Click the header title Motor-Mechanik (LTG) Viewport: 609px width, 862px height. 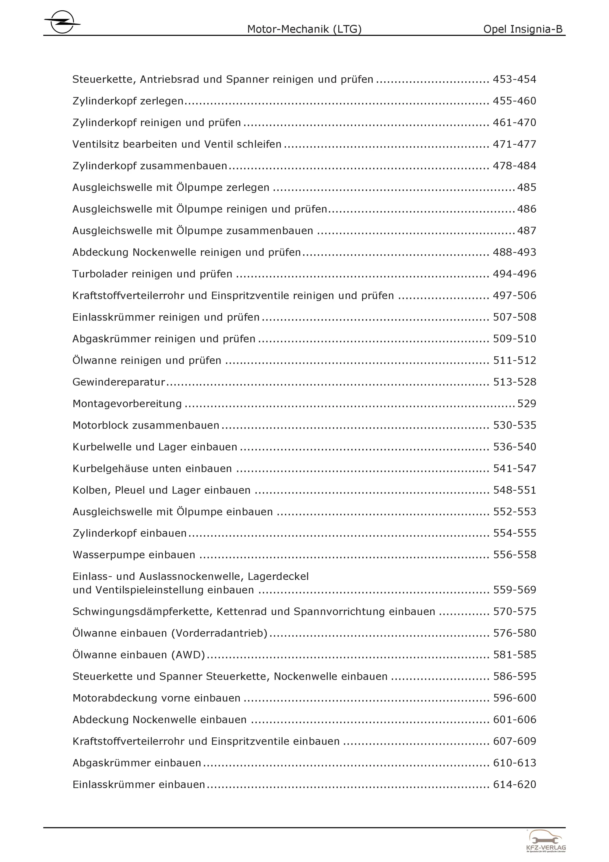click(304, 29)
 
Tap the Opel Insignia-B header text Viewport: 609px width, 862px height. click(523, 29)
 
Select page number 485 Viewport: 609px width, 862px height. click(526, 187)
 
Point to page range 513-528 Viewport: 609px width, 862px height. click(514, 382)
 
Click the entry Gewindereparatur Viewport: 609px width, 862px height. click(118, 382)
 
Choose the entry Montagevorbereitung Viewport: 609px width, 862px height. click(127, 404)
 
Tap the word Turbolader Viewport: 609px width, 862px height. click(96, 274)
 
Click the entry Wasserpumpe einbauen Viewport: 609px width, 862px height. click(134, 555)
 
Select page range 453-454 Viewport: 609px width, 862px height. click(514, 79)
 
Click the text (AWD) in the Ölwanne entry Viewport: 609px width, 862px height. click(188, 655)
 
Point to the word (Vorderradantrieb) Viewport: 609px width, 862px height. click(219, 633)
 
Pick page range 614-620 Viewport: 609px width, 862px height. click(514, 785)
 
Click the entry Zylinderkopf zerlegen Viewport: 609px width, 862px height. click(128, 101)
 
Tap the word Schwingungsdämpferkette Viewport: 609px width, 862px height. click(143, 612)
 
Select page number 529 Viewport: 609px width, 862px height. click(526, 404)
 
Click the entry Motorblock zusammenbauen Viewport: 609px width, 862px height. click(146, 426)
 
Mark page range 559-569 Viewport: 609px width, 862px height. click(514, 590)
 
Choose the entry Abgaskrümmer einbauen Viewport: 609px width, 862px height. click(137, 763)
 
